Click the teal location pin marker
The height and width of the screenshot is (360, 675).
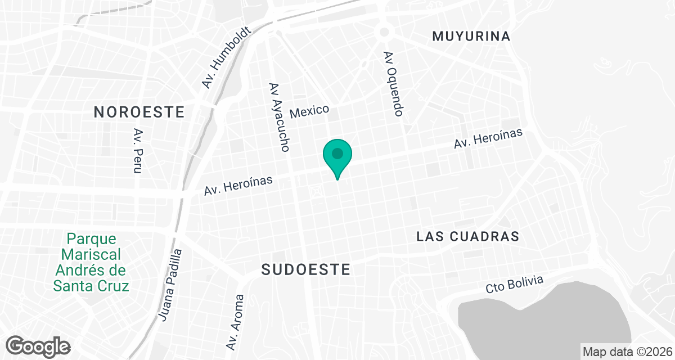point(337,155)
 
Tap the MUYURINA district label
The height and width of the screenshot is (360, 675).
point(471,37)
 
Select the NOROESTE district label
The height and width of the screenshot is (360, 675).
point(139,112)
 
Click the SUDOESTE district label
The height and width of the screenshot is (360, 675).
point(306,270)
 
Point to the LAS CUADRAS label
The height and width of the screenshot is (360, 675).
point(467,236)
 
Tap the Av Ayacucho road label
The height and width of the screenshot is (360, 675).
point(279,118)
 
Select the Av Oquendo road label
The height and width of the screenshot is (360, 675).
point(393,84)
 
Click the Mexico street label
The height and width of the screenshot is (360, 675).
point(309,110)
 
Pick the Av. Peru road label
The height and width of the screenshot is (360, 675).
point(137,150)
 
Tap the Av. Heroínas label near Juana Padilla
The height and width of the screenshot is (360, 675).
point(238,186)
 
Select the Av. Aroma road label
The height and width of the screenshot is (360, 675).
point(235,322)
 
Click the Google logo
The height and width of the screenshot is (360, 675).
point(38,345)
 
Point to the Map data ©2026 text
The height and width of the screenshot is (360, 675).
point(627,352)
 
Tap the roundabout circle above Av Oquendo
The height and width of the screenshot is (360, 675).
point(385,32)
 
